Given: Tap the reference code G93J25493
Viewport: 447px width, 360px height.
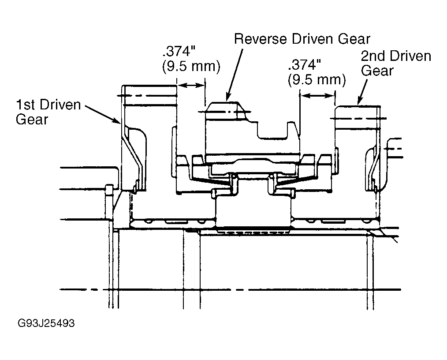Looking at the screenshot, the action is (46, 323).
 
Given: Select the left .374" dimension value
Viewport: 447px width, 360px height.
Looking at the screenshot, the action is (179, 52).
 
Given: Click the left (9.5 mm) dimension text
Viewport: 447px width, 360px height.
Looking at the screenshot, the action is (191, 66).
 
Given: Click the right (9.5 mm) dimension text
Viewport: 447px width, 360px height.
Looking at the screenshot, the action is (317, 79).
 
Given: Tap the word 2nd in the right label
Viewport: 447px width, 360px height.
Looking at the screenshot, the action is (373, 56).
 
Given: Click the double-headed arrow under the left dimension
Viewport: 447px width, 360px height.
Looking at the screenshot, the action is (191, 85).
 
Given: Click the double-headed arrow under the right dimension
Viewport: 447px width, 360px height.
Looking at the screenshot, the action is (317, 96).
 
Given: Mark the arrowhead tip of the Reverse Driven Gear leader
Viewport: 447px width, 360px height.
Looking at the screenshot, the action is (227, 101).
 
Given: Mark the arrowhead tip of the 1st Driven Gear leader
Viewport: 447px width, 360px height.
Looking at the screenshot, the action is (121, 124).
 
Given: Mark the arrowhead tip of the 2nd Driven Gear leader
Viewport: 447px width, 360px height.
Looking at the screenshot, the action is (358, 105).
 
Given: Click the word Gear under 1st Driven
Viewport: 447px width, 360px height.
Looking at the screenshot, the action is (32, 119).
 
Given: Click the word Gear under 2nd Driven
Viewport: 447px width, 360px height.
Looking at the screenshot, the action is (377, 71).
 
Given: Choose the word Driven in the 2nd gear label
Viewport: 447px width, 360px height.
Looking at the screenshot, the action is (410, 56).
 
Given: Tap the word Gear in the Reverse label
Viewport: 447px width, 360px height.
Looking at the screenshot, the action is (354, 39).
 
